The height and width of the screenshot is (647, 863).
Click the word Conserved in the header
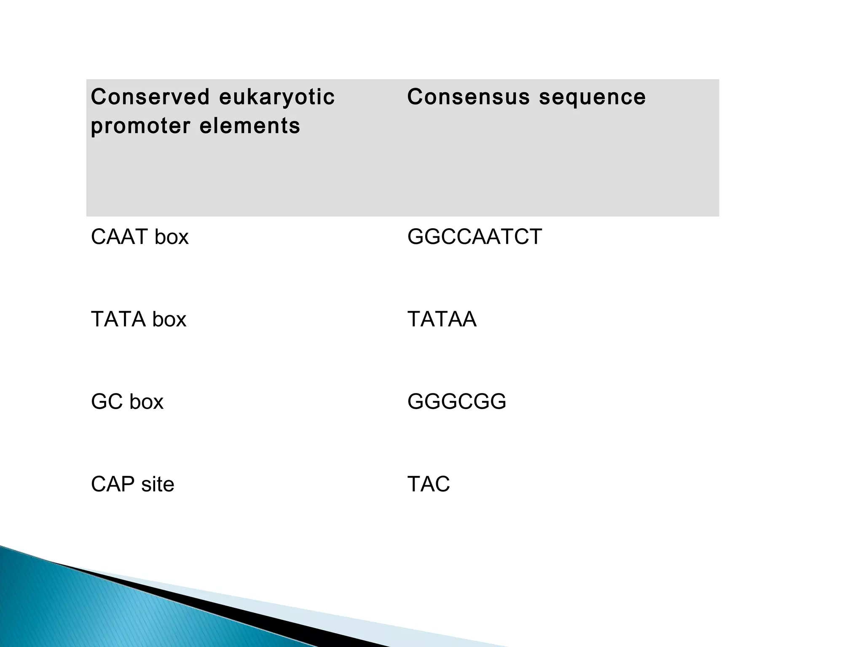[x=150, y=97]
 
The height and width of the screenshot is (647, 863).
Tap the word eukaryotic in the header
[x=277, y=98]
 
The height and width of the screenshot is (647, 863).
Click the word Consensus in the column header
[x=468, y=97]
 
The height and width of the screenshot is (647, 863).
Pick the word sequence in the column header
[x=592, y=98]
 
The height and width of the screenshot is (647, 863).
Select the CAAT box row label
[x=139, y=237]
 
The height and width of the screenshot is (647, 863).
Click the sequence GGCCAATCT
[x=474, y=237]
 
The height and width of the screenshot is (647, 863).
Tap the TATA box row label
[x=138, y=319]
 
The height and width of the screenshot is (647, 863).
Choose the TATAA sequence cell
[x=442, y=319]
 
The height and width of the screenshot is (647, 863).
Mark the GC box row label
[x=127, y=401]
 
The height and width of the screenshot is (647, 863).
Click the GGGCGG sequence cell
[x=457, y=401]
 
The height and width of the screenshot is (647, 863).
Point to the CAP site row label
[x=132, y=484]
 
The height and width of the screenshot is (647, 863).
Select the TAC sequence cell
[x=429, y=484]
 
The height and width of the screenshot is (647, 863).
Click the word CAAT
[x=119, y=237]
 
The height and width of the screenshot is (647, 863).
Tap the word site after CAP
[x=158, y=484]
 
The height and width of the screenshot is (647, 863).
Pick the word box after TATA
[x=169, y=319]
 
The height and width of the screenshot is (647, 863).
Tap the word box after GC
[x=146, y=401]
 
